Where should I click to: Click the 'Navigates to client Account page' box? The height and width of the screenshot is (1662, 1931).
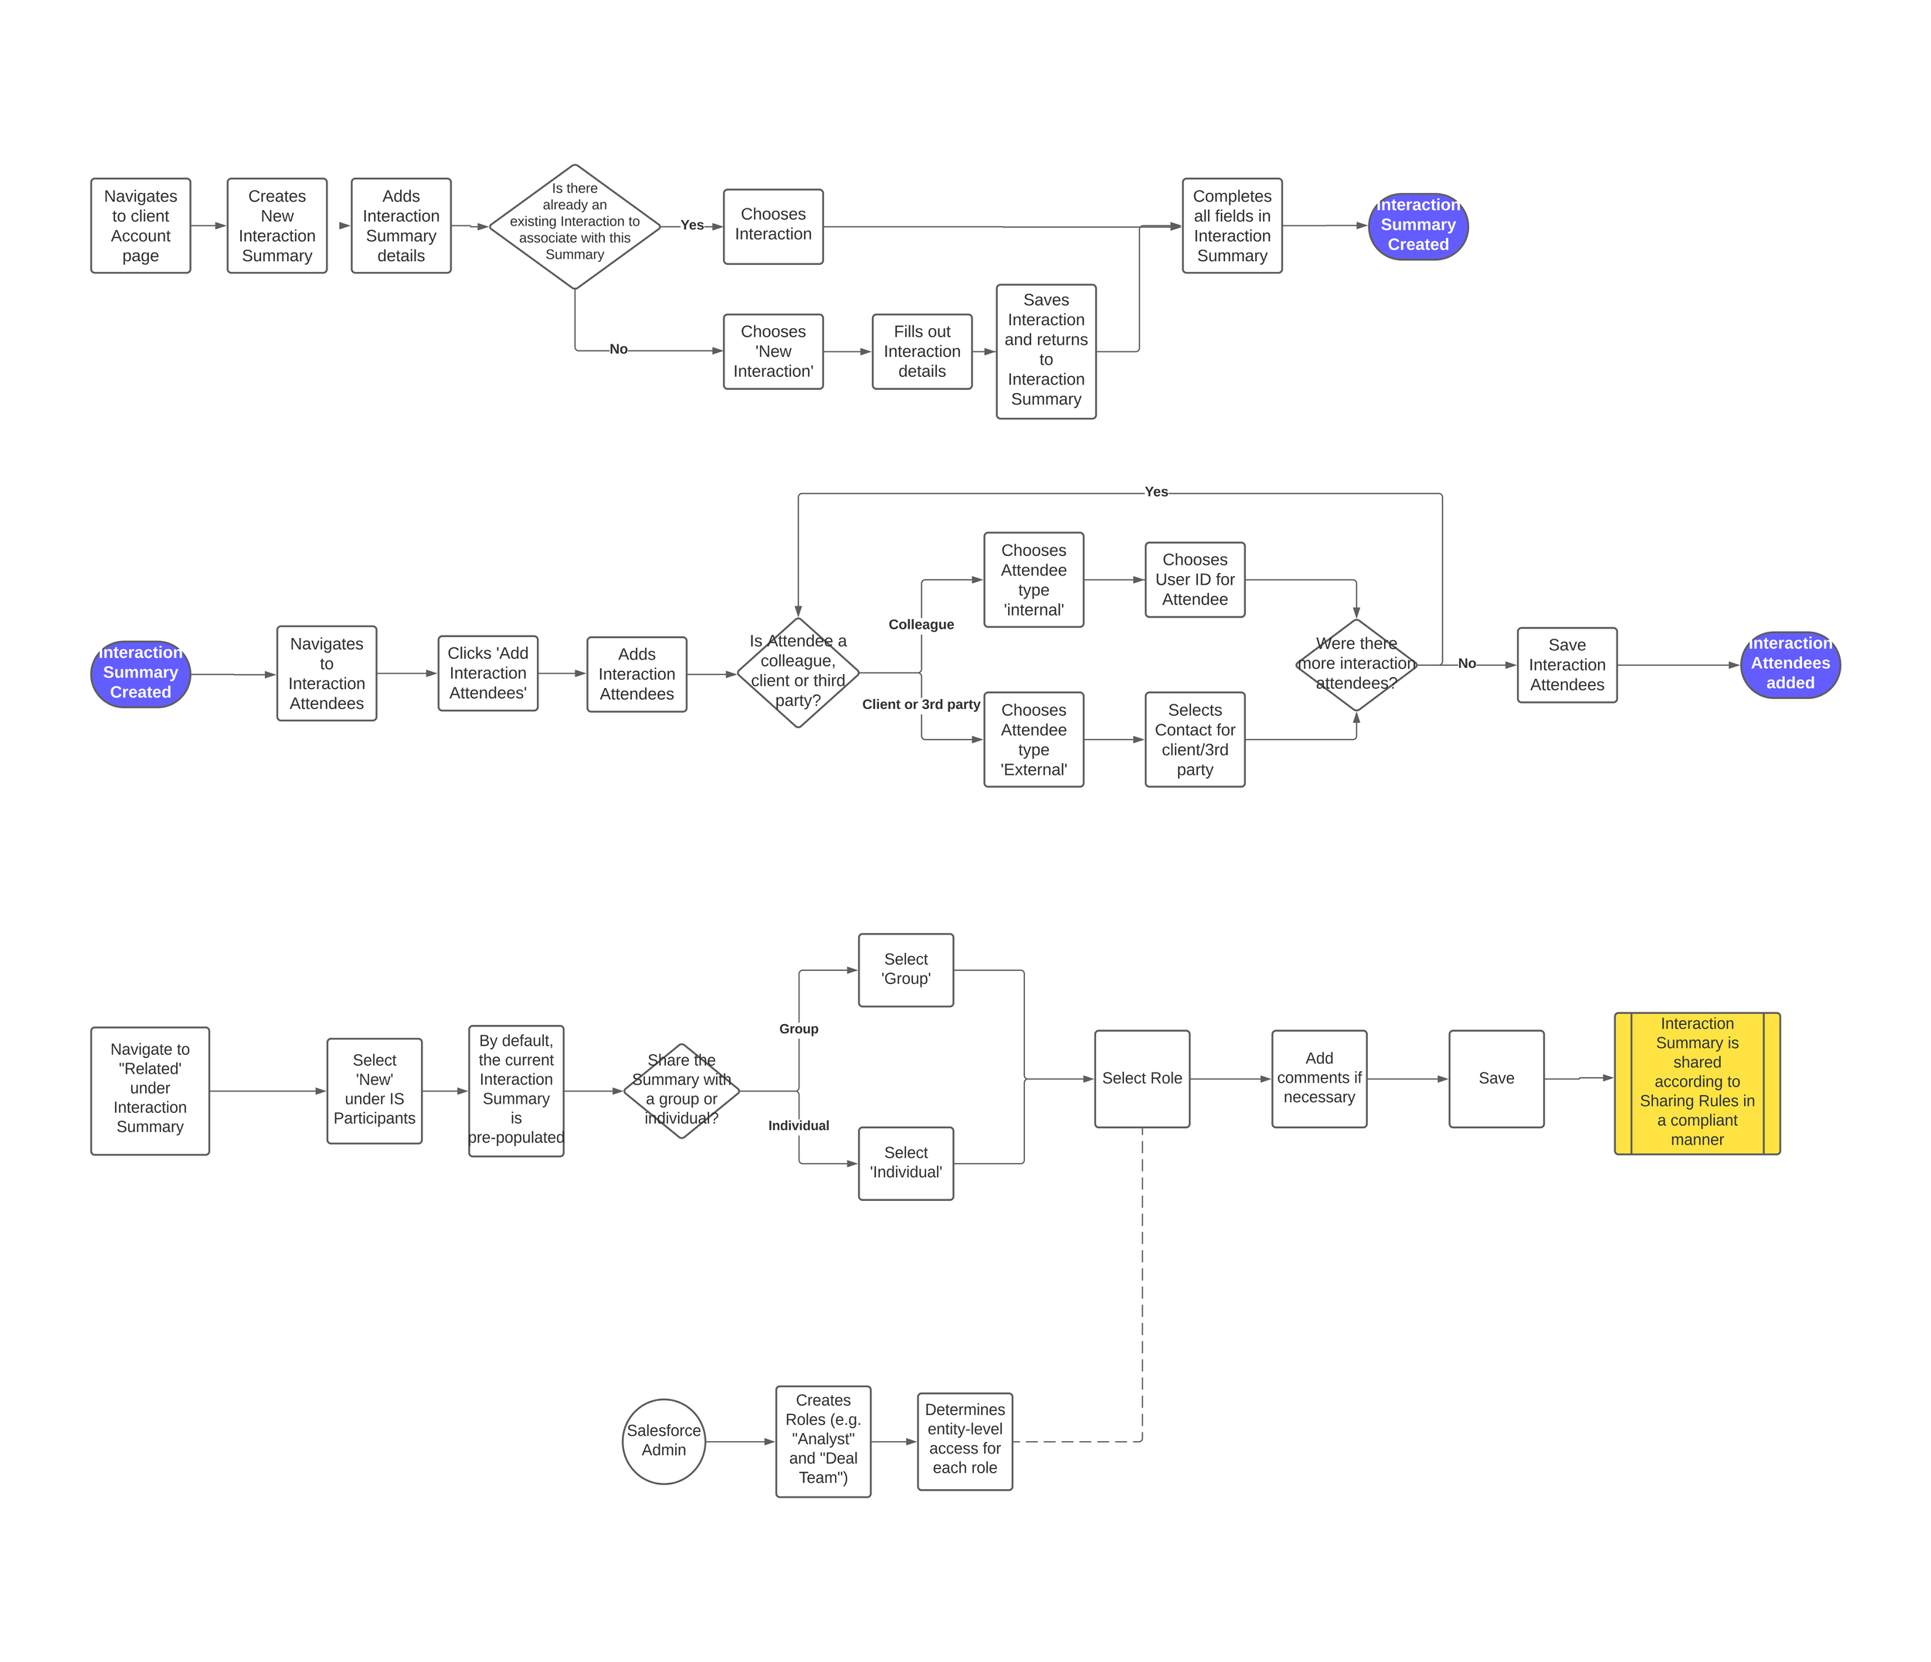(141, 226)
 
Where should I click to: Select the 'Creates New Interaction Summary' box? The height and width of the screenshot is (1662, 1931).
(277, 226)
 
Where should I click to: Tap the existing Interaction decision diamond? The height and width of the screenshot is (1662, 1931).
(575, 226)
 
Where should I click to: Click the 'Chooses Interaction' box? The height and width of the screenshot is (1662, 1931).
(772, 226)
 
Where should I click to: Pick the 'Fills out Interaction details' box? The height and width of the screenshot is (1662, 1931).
(921, 351)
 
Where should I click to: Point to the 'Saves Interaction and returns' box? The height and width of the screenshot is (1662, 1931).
(1046, 351)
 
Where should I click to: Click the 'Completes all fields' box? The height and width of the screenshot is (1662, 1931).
(1232, 226)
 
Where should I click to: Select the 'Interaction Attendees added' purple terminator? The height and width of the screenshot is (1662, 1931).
(1790, 664)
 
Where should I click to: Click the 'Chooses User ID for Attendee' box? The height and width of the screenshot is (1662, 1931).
(1195, 579)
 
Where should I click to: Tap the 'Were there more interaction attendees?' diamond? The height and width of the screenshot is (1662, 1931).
(1356, 664)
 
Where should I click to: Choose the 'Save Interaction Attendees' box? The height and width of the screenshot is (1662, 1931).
(1566, 664)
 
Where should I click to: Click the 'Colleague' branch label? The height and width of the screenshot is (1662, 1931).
(921, 624)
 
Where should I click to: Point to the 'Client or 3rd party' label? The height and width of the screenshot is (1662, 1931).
(921, 704)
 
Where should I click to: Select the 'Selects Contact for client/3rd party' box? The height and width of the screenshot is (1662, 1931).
(1195, 740)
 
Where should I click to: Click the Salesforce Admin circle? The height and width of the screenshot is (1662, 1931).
(663, 1440)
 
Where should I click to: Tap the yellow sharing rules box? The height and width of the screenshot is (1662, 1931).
(1696, 1083)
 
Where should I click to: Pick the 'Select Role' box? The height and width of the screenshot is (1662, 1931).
(1142, 1078)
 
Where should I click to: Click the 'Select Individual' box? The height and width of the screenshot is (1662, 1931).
(906, 1162)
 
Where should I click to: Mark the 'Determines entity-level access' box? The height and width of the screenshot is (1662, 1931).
(965, 1440)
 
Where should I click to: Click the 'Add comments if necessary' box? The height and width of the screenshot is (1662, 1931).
(1318, 1078)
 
